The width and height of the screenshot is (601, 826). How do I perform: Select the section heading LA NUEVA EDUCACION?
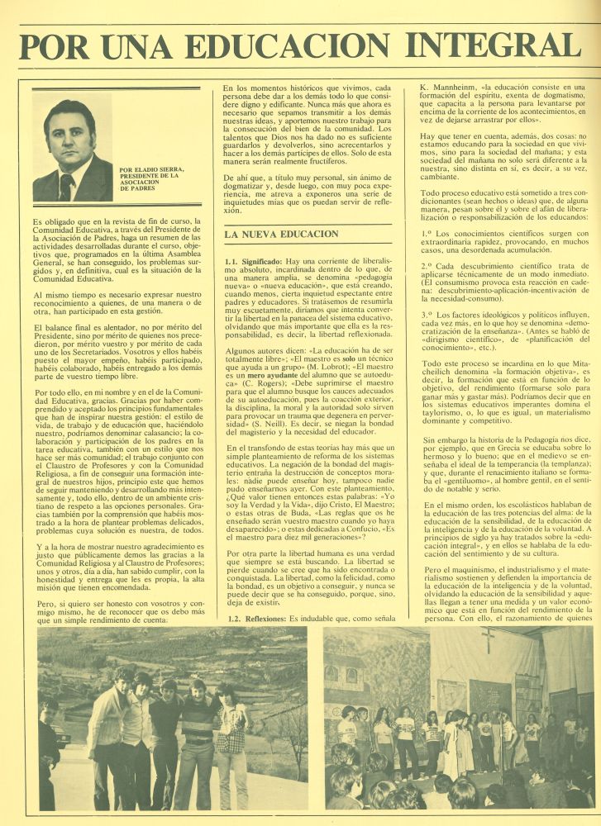coord(282,234)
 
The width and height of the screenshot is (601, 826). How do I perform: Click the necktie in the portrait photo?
coord(66,186)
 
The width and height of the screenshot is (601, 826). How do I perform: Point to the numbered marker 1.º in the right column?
coord(427,234)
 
